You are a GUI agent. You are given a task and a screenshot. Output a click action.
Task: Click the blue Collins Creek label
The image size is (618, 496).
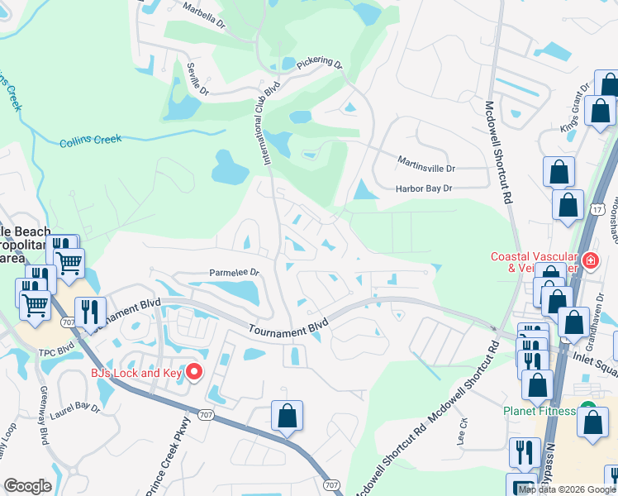pos(90,141)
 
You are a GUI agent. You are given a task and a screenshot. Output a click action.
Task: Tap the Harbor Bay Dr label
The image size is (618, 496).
pos(424,188)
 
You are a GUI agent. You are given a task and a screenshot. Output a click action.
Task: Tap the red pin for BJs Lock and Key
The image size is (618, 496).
pos(194,372)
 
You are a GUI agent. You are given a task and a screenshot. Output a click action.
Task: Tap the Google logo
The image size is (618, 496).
pos(28,486)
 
